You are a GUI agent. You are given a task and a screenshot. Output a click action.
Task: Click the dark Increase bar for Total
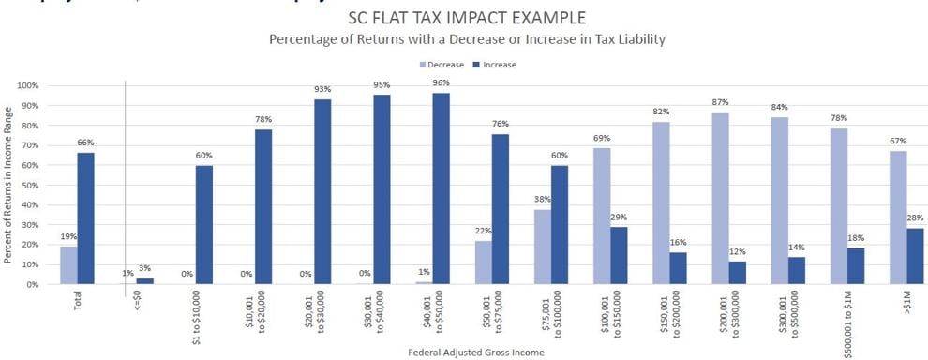(85, 218)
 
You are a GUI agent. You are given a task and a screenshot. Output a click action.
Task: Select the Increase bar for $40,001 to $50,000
(441, 188)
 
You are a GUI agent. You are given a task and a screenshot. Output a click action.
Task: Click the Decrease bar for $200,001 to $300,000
(721, 198)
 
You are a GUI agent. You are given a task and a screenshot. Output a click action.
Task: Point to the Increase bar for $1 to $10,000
(204, 225)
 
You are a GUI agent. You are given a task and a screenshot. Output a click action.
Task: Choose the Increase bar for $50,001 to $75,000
(500, 209)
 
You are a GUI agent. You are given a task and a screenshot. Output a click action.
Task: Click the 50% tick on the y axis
(28, 185)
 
